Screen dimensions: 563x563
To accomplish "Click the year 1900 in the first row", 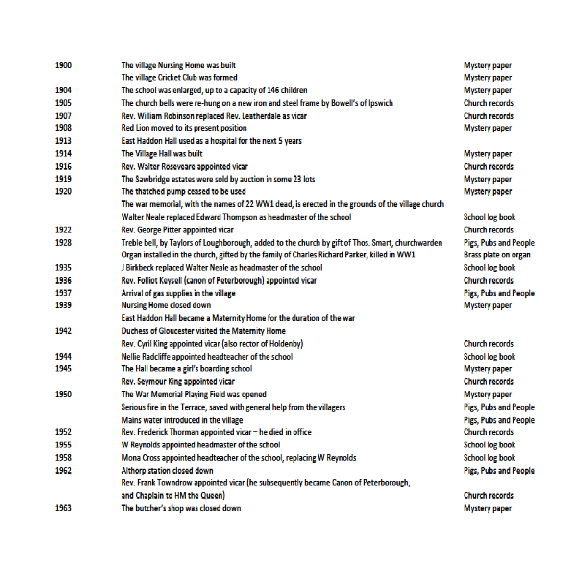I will click(x=63, y=65).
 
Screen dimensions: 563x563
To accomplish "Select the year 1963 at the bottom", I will click(x=63, y=508).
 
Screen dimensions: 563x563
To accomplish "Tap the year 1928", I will click(x=63, y=242).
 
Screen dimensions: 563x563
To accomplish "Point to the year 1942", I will click(x=63, y=330).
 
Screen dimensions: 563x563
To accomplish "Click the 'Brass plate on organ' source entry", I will click(x=497, y=254).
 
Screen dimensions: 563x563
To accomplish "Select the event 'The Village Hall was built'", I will click(x=162, y=154).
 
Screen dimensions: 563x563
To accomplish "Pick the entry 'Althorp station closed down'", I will click(x=167, y=470).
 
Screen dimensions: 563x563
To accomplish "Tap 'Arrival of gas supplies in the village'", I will click(x=178, y=292).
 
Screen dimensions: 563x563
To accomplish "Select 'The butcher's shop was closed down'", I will click(x=181, y=508).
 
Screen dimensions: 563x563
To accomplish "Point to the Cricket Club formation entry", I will click(x=179, y=78).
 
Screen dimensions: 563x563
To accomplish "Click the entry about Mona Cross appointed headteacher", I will click(x=239, y=458).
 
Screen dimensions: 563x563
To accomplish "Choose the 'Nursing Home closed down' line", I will click(x=166, y=305).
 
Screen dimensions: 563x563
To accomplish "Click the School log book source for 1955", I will click(x=489, y=445).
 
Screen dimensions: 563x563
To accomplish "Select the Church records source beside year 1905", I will click(x=488, y=103).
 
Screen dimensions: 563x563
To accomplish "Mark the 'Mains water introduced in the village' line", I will click(x=182, y=420).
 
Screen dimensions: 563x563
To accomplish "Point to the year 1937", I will click(x=63, y=292).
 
